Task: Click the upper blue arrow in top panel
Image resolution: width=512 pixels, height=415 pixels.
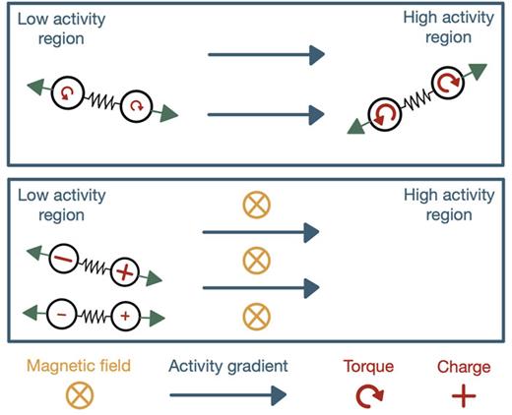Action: coord(266,55)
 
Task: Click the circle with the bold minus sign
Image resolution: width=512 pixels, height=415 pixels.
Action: coord(62,261)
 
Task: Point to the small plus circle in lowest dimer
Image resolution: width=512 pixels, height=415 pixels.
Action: coord(124,317)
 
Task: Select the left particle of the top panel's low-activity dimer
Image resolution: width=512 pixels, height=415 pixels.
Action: coord(67,91)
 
